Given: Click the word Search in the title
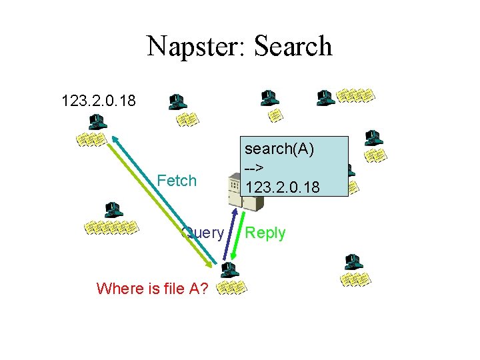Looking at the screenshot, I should coord(292,47).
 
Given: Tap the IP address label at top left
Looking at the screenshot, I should coord(98,101).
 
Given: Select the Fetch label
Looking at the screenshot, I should coord(177,181).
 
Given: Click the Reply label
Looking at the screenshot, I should coord(265,233).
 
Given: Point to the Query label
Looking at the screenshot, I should coord(203,233).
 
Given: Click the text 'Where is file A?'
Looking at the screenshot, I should coord(152,289).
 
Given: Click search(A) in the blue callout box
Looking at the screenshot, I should coord(279,149).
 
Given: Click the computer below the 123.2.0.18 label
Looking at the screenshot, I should coord(96,123).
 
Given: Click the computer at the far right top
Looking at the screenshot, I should coord(373,138).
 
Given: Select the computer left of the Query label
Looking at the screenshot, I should coord(111,209).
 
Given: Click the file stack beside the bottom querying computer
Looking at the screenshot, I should coord(232,287).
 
